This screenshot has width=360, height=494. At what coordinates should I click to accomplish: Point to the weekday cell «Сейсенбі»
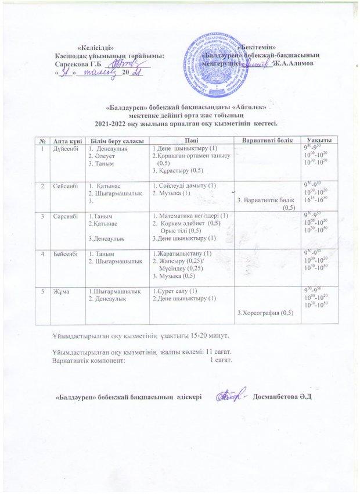(63, 185)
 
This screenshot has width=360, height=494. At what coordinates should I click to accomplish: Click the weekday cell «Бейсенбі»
(63, 254)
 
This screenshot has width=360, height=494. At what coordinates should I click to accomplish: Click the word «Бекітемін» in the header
(256, 47)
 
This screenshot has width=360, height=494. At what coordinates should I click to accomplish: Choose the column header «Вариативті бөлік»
(263, 142)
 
